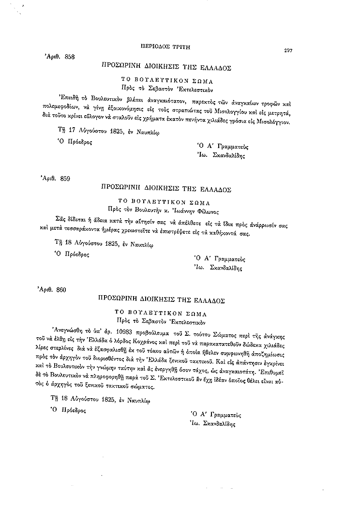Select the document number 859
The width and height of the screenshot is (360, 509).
coord(65,179)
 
